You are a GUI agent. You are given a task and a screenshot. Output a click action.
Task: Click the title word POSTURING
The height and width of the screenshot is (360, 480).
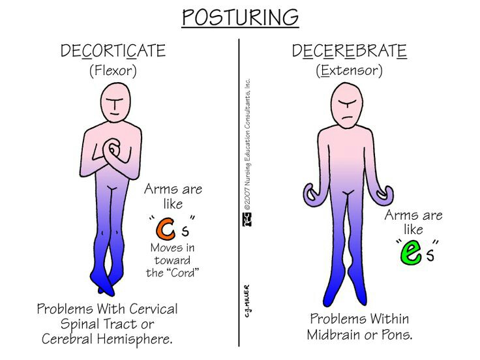coord(239,17)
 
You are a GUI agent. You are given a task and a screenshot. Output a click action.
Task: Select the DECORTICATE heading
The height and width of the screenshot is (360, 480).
coord(113,51)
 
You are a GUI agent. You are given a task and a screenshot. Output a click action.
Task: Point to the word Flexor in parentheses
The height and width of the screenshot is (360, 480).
coord(113,70)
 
